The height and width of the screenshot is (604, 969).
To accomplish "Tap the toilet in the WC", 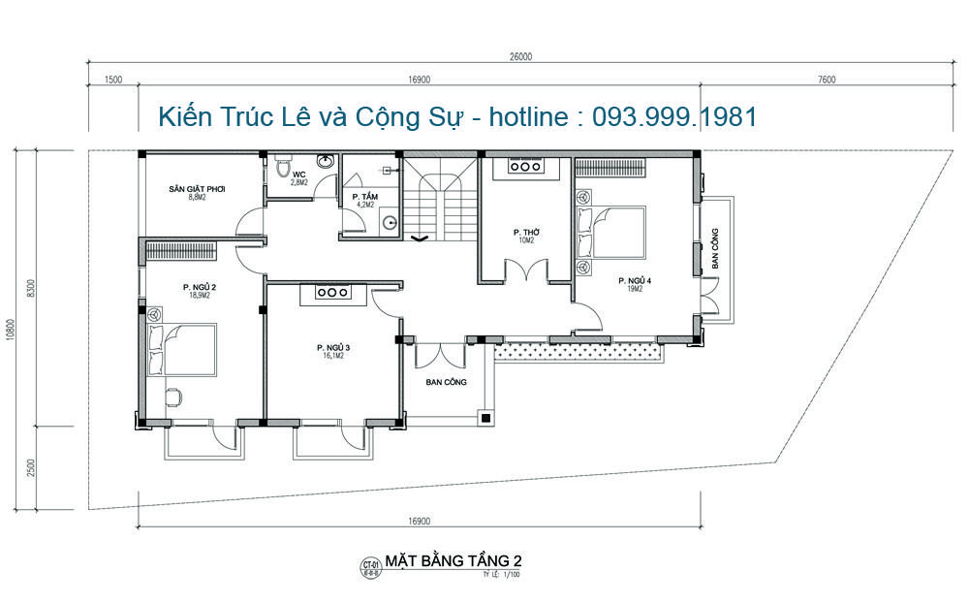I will coord(282,169).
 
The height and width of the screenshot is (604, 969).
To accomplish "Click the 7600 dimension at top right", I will coord(826,80).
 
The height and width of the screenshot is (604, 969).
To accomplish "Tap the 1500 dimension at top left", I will coord(113,80).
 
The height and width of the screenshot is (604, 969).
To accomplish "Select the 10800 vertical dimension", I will coord(11,330).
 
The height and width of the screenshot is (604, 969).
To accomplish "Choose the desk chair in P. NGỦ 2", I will coord(172,397).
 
